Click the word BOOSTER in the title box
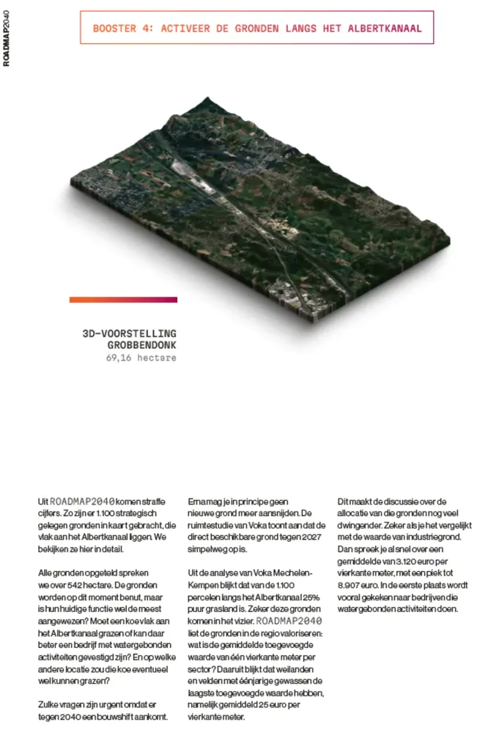tap(112, 29)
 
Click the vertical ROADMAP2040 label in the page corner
tap(7, 34)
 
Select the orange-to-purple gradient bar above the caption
tap(123, 299)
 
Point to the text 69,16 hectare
tap(141, 358)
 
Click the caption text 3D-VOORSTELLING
tap(130, 333)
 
